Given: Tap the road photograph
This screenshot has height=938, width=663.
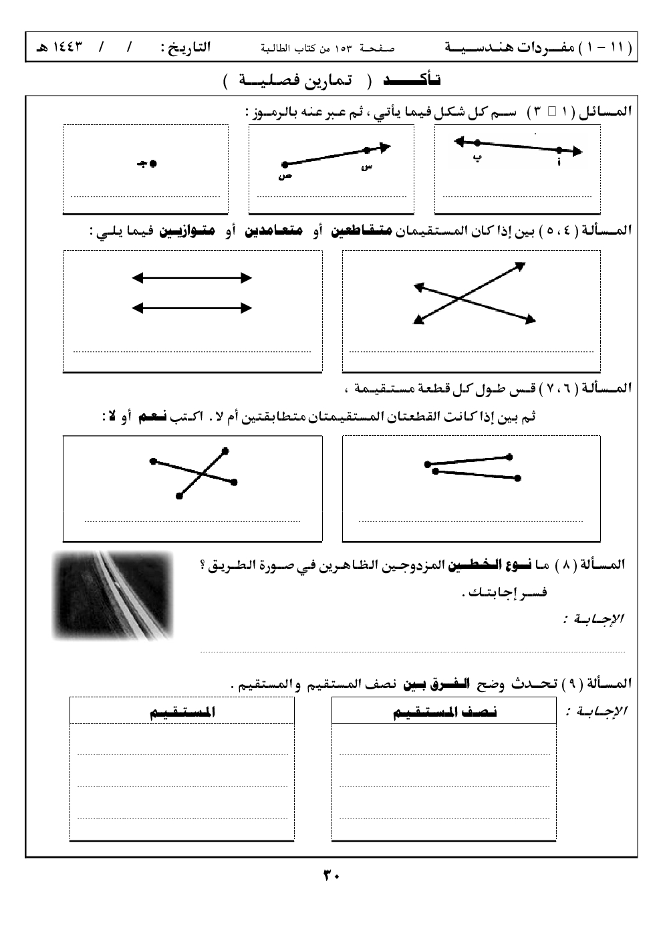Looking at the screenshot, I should coord(112,595).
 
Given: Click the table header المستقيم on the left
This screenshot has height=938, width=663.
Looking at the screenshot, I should coord(182,713).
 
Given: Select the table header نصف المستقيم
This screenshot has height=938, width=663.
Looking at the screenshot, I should coord(444,713).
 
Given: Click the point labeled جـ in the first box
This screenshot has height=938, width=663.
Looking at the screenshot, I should coord(153,163).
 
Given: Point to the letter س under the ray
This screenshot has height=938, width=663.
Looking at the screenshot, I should coord(366,166).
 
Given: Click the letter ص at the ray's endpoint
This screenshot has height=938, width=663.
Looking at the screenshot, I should coord(285,177).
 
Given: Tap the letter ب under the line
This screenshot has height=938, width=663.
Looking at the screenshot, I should coord(477,158).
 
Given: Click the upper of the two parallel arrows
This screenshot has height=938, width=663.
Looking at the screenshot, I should coord(192,278).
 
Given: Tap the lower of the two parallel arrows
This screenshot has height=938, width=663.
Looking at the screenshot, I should coord(192,308).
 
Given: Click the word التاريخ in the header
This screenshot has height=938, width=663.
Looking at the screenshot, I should coord(184,48).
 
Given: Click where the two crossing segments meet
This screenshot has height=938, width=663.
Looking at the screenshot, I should coord(201,473).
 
